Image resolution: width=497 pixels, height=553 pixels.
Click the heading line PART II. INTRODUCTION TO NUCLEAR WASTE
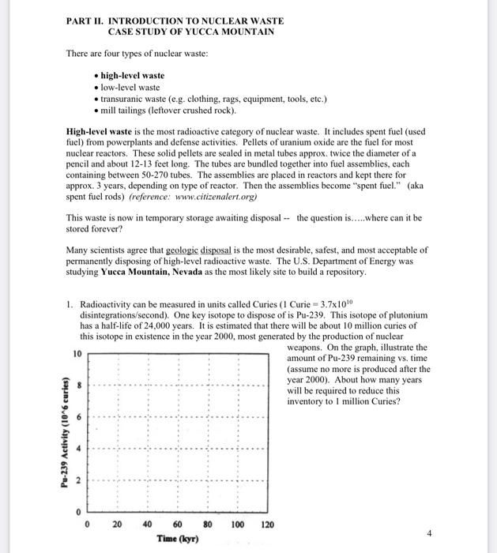[x=175, y=20]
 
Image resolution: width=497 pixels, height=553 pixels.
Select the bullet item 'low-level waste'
[x=130, y=87]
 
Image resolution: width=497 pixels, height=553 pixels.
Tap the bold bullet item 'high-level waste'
[x=132, y=76]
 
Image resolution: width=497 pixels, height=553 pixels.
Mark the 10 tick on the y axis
[x=77, y=354]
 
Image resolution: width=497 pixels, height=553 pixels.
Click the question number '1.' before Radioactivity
[x=70, y=303]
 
